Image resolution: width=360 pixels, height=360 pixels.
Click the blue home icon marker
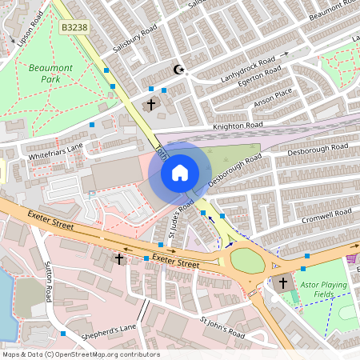(x=180, y=172)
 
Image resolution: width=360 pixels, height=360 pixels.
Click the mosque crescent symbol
(x=180, y=70)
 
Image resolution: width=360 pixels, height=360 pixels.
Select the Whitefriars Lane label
(x=55, y=150)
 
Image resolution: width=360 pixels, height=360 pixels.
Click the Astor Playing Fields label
(x=326, y=289)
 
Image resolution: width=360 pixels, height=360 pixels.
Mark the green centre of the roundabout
(x=248, y=261)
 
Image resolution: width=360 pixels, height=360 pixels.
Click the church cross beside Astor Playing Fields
(x=282, y=283)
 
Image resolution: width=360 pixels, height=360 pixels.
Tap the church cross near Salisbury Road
(x=150, y=105)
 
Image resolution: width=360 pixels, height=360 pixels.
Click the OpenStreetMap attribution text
(x=80, y=354)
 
